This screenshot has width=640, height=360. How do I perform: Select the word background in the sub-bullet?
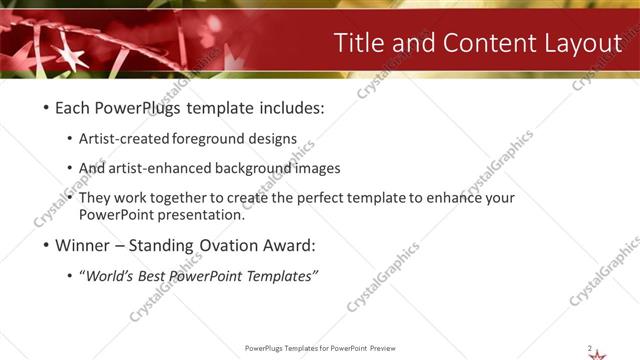tap(272, 169)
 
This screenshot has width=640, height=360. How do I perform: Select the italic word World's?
tap(108, 276)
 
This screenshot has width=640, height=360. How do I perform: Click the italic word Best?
tap(153, 276)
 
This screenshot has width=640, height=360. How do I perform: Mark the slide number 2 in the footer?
tap(589, 347)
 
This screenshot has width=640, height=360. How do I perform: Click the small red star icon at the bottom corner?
tap(598, 353)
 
